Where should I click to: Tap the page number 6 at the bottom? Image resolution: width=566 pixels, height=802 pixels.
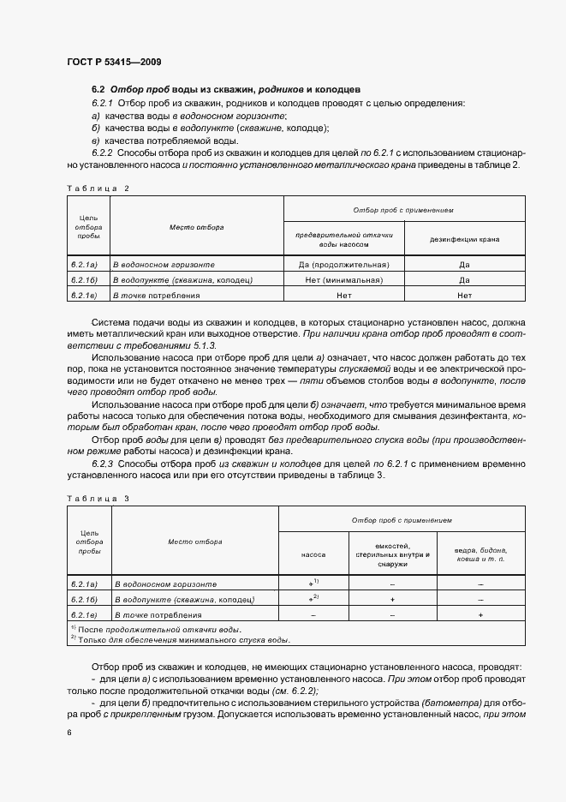click(69, 733)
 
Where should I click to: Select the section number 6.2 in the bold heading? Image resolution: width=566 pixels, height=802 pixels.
click(98, 89)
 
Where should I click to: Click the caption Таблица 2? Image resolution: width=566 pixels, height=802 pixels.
click(97, 187)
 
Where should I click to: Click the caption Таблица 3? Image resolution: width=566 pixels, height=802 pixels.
click(97, 498)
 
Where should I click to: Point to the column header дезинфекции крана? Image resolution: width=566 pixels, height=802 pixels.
click(464, 239)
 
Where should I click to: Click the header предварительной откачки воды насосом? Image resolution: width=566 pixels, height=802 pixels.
click(343, 239)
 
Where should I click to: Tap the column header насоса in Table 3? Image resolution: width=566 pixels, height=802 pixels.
click(313, 555)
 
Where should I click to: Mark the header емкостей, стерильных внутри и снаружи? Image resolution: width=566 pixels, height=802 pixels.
click(392, 555)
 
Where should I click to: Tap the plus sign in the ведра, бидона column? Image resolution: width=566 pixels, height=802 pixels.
click(480, 614)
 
